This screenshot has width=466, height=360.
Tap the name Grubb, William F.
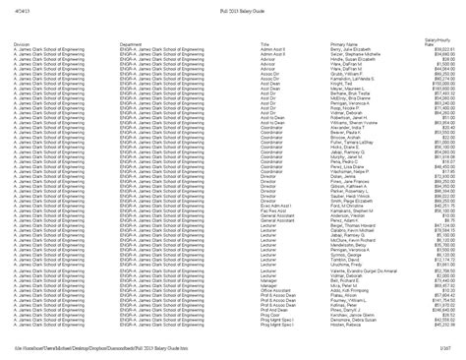pos(349,71)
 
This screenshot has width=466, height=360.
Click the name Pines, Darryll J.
pos(348,309)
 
